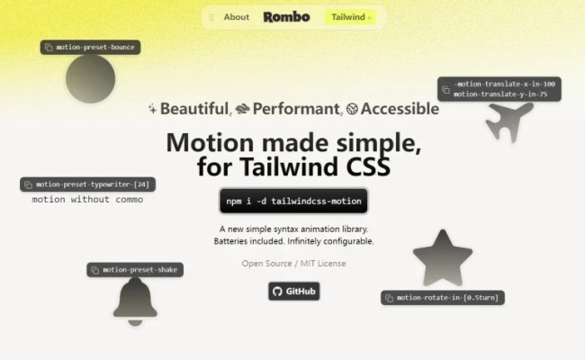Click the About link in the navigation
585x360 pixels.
[236, 17]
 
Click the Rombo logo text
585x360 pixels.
[286, 17]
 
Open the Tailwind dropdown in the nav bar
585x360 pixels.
[350, 17]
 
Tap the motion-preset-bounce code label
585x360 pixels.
[91, 47]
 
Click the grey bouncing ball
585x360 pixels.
[90, 78]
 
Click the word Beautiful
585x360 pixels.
[193, 109]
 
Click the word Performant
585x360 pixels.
[296, 109]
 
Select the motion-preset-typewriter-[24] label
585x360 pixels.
[88, 184]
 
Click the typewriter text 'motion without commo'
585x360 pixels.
[87, 200]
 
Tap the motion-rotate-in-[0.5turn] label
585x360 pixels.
[442, 297]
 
